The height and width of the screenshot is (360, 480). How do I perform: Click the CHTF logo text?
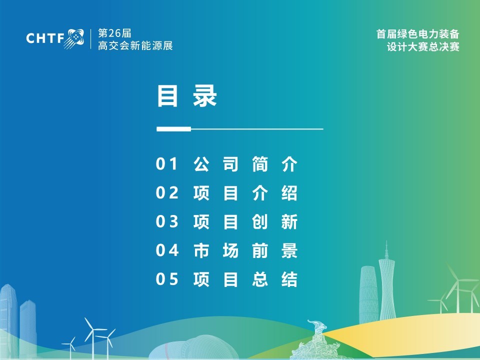45,38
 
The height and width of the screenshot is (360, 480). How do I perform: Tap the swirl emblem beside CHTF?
74,38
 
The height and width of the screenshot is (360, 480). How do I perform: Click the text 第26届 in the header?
114,33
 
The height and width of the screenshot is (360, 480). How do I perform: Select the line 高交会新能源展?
135,45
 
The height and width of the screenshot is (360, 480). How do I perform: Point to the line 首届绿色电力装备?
418,33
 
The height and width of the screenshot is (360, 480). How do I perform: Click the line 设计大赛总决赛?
423,47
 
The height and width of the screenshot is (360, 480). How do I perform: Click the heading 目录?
186,96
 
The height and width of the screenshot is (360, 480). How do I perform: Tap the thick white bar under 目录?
174,129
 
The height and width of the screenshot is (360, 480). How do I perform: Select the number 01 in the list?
166,164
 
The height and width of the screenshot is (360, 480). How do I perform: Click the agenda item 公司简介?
245,164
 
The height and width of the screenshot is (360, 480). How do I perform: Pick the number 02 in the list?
167,193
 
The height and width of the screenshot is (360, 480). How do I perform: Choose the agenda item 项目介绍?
245,193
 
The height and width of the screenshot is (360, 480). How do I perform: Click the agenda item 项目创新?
245,221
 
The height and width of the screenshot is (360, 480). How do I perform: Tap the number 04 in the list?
167,250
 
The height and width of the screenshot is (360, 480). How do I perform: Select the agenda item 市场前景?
245,250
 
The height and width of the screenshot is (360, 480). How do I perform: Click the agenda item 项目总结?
245,279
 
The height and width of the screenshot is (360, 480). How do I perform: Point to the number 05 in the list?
167,279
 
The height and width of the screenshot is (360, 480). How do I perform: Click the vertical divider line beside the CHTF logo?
91,39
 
